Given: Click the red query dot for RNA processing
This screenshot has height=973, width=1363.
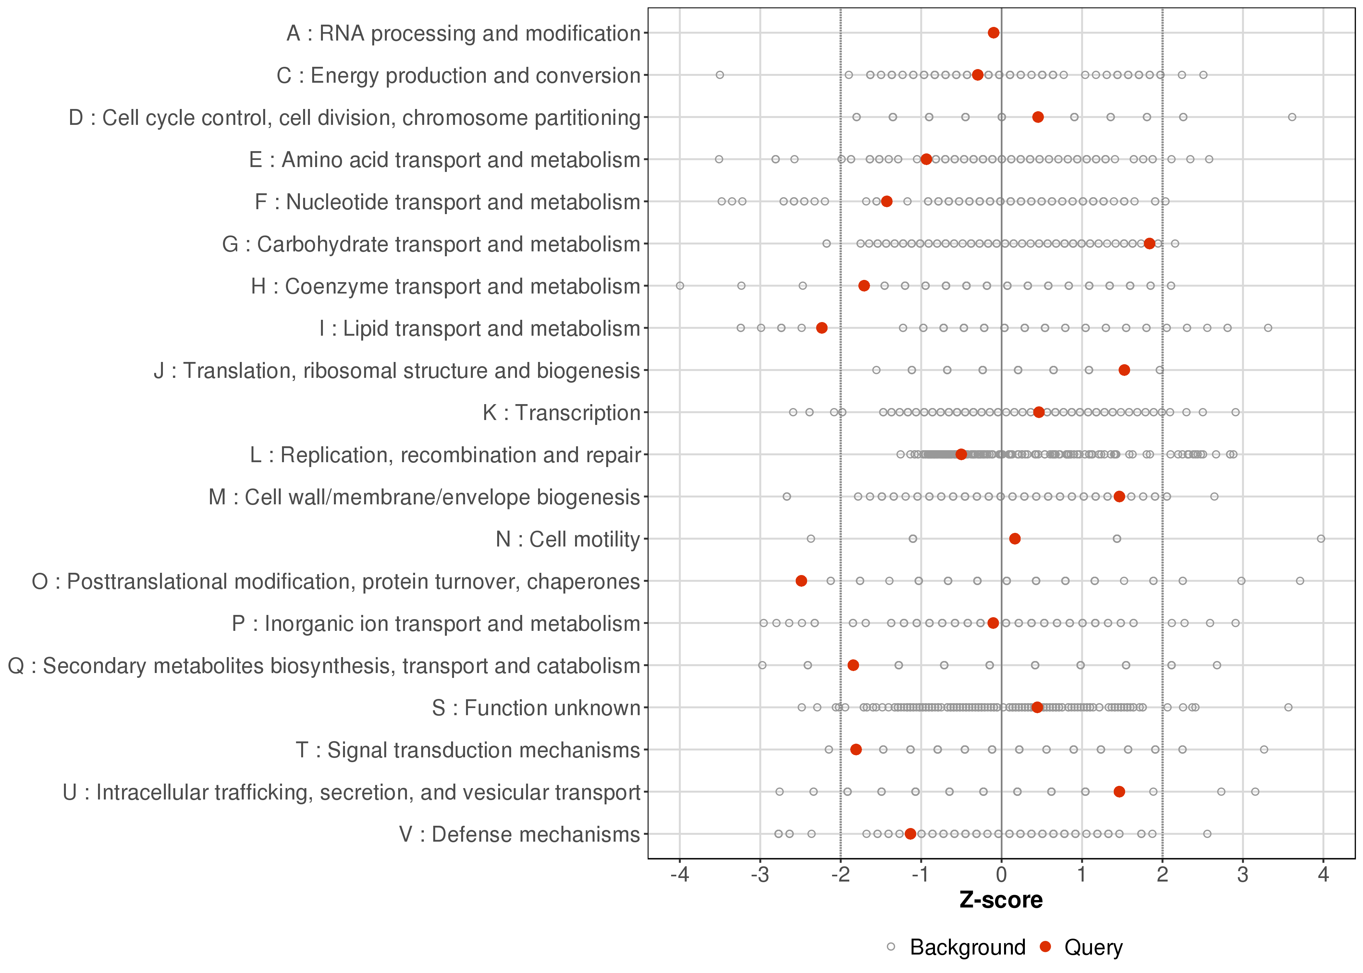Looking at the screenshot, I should (x=993, y=32).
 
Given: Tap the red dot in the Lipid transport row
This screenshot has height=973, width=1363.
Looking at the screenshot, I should (x=822, y=328).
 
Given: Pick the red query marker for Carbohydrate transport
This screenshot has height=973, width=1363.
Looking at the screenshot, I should (x=1149, y=243).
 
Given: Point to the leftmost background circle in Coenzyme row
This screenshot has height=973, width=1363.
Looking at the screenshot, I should (x=680, y=286).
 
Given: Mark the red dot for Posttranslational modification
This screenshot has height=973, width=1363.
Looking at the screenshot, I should (x=801, y=581).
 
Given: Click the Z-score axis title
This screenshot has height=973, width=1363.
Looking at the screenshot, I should (x=1001, y=900).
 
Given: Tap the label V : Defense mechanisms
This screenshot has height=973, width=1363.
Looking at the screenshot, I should (x=520, y=834).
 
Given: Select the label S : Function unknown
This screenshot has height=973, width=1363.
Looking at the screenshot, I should (x=536, y=708).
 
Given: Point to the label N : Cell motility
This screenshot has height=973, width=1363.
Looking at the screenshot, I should (x=568, y=539).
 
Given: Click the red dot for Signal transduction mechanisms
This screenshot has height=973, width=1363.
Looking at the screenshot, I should (x=856, y=750).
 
